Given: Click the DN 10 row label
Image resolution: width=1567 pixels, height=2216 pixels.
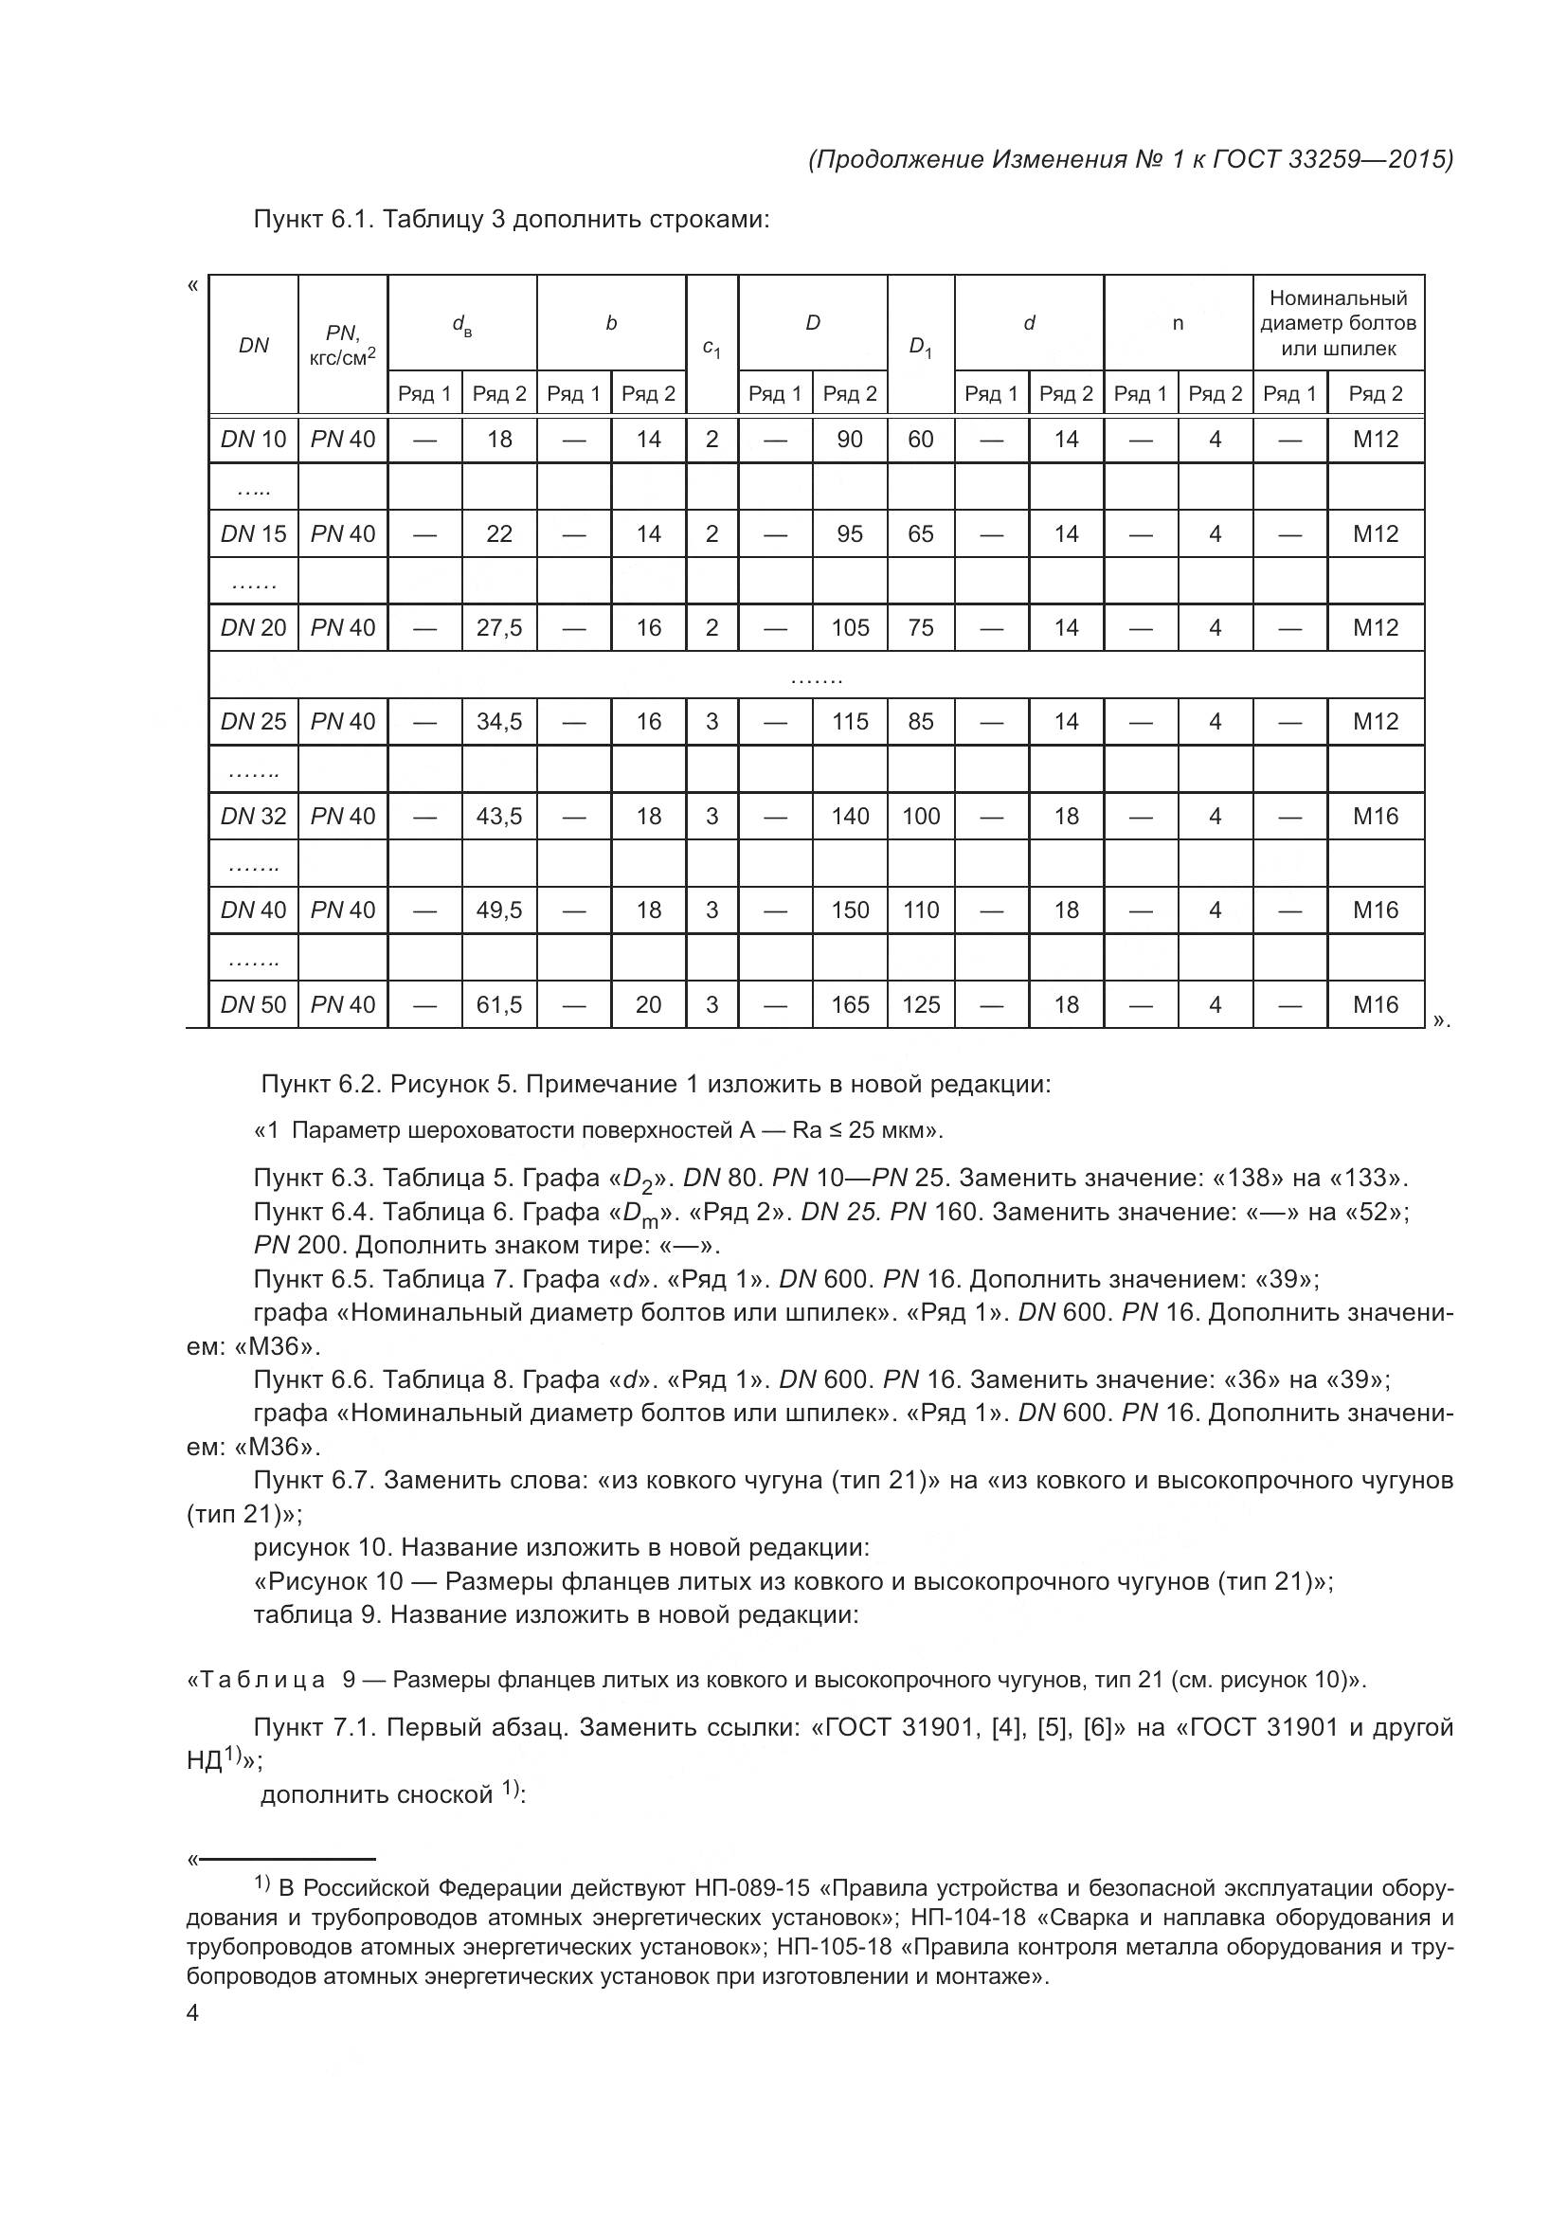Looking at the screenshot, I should click(254, 441).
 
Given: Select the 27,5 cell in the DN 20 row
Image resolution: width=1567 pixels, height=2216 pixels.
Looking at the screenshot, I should click(499, 628).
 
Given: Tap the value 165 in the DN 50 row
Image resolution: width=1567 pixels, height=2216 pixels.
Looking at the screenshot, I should click(849, 1004).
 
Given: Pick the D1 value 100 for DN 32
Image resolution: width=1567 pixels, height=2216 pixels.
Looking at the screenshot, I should click(921, 817).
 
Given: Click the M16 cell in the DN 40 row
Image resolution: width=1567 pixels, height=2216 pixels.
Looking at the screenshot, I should click(1375, 910).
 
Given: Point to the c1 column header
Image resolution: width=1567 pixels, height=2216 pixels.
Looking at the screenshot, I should click(711, 348).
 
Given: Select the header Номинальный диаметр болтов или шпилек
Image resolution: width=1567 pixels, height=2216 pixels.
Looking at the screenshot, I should click(1338, 323).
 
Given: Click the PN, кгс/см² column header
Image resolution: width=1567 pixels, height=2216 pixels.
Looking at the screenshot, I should click(343, 346).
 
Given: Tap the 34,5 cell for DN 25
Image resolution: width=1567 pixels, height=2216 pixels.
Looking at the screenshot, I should click(499, 722).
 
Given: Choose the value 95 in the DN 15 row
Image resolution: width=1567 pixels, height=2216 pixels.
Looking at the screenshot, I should click(849, 533).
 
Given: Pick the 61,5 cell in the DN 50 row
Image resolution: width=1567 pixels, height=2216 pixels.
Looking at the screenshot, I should click(499, 1004).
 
